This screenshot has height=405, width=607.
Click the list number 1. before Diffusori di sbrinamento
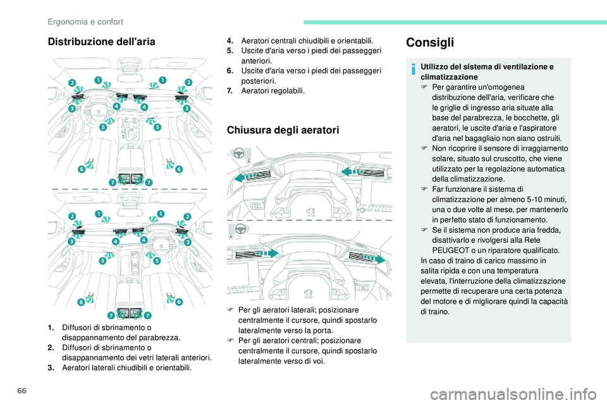click(x=50, y=328)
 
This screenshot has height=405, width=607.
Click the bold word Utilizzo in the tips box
click(x=435, y=66)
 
